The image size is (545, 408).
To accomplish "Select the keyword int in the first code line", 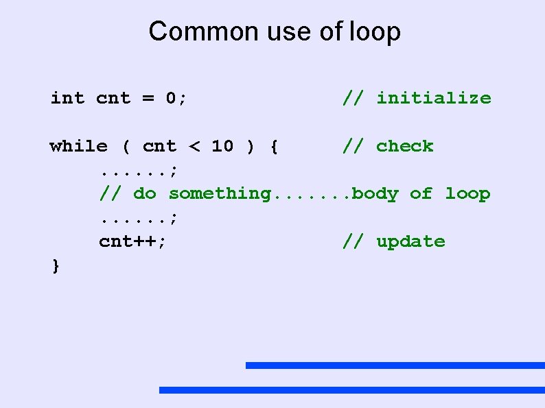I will (x=67, y=98).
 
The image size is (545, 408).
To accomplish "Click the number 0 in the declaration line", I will (x=172, y=98).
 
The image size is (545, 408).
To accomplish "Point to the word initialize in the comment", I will (x=434, y=98).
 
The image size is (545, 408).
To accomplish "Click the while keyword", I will (x=78, y=146).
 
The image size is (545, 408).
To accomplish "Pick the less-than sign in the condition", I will (x=194, y=146).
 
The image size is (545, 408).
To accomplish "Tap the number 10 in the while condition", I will (x=222, y=146).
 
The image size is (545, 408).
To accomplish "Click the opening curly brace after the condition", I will (x=274, y=146).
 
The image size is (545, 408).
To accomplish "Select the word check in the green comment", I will (x=405, y=146).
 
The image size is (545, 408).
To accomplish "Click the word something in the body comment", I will (x=220, y=194).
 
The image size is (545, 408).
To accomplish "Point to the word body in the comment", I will (x=375, y=194).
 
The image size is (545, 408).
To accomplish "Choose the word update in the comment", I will (x=410, y=242).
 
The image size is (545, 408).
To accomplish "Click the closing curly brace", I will (x=56, y=265).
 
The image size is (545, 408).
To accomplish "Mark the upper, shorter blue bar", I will (x=395, y=365).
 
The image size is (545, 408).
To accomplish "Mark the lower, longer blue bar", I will (x=351, y=390).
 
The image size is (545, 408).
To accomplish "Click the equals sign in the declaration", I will (x=148, y=98).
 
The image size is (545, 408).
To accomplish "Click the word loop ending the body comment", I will (x=467, y=194).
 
